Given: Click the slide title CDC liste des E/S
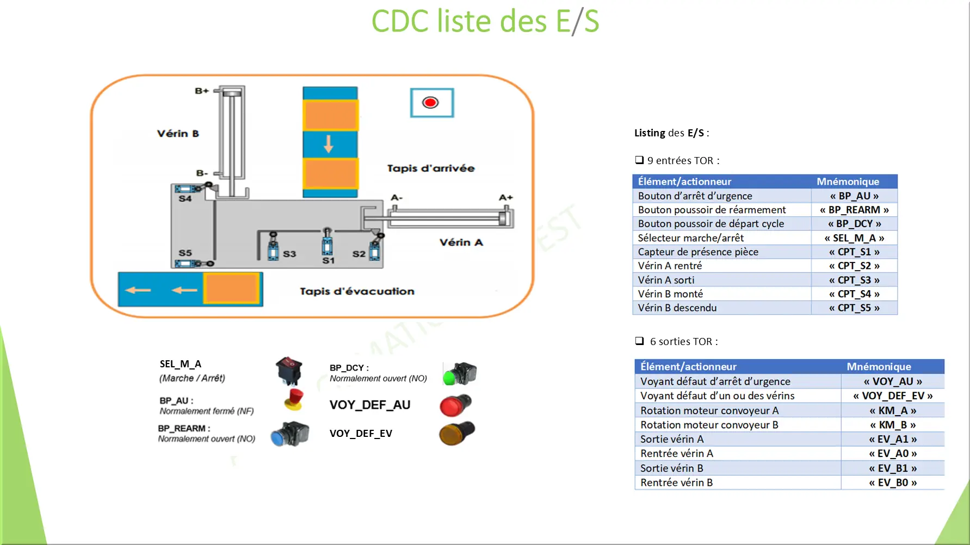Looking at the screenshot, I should click(x=485, y=22).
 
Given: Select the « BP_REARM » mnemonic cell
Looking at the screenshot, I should click(x=854, y=210).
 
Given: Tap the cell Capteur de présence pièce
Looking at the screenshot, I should click(x=698, y=252).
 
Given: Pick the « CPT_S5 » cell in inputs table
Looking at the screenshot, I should click(x=854, y=308).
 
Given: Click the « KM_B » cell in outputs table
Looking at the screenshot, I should click(x=893, y=425).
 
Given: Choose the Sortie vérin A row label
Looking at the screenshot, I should click(x=672, y=439).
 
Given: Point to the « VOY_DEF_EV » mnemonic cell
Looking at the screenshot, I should click(x=893, y=396).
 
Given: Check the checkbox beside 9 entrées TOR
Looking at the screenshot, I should click(x=640, y=160).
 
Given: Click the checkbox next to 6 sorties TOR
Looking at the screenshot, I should click(x=640, y=341).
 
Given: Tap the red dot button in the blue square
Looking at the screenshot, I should click(x=431, y=103).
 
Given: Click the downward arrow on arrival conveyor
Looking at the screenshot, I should click(x=329, y=145).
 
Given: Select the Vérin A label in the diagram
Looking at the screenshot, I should click(x=461, y=242).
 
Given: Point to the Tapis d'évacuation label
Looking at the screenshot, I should click(x=357, y=291).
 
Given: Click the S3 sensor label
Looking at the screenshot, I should click(x=289, y=254).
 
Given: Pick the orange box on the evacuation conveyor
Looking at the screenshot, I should click(x=231, y=289).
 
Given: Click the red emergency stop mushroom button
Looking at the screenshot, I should click(x=294, y=399).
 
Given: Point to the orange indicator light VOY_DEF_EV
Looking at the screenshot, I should click(x=456, y=434).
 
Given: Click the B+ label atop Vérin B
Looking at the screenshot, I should click(x=202, y=91).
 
